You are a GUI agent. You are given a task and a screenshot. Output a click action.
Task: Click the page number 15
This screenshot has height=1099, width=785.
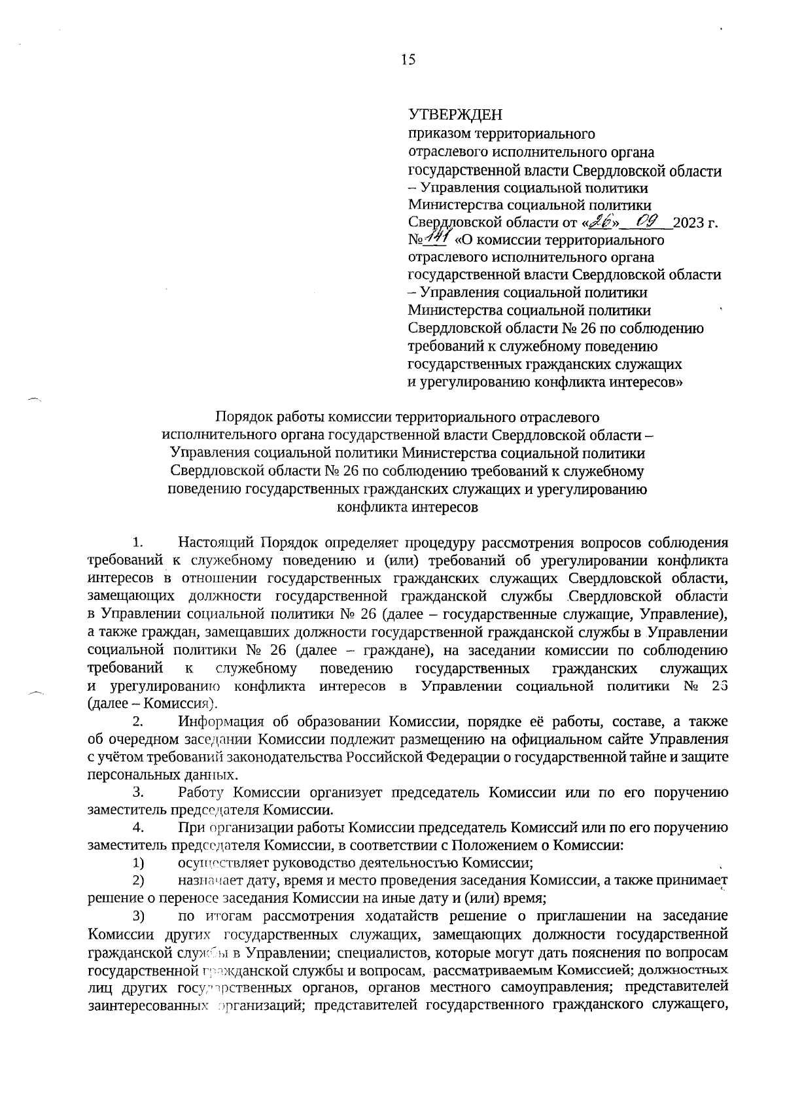(408, 60)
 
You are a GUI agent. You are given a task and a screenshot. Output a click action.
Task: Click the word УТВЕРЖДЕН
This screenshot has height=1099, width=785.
(455, 116)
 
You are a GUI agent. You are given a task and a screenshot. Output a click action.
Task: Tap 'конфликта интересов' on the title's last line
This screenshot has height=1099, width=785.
(407, 507)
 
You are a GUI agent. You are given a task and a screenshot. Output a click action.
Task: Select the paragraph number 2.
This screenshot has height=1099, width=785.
(137, 722)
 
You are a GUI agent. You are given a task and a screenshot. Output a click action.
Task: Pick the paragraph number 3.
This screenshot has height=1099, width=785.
(137, 793)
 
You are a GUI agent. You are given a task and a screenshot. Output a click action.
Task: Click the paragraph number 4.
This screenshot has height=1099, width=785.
(137, 828)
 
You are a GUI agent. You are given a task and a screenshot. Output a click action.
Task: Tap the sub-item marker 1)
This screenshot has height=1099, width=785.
(139, 863)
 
